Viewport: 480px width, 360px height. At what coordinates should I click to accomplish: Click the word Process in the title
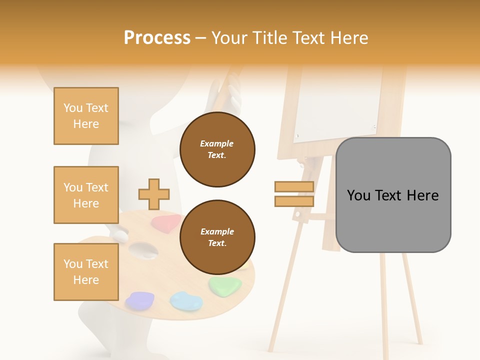tap(157, 38)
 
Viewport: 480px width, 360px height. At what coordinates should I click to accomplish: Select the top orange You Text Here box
tap(86, 116)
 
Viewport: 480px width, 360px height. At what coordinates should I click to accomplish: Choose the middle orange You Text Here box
tap(86, 195)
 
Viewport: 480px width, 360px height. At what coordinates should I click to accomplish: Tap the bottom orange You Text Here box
tap(86, 272)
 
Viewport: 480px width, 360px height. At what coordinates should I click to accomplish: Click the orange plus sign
tap(154, 194)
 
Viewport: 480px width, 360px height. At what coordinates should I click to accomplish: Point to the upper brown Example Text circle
tap(217, 149)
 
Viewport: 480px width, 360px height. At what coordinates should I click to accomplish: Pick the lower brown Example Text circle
tap(217, 237)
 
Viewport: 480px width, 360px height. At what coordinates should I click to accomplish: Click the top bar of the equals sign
tap(294, 187)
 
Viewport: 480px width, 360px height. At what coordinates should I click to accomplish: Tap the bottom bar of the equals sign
tap(294, 201)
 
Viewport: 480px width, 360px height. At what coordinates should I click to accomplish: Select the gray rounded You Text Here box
tap(393, 195)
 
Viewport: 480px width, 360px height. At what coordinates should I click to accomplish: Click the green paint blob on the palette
tap(225, 286)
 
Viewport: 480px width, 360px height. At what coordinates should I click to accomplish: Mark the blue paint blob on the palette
tap(186, 300)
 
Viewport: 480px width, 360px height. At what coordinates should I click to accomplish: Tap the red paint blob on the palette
tap(166, 222)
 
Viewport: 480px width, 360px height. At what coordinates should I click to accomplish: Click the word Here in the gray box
tap(422, 195)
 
